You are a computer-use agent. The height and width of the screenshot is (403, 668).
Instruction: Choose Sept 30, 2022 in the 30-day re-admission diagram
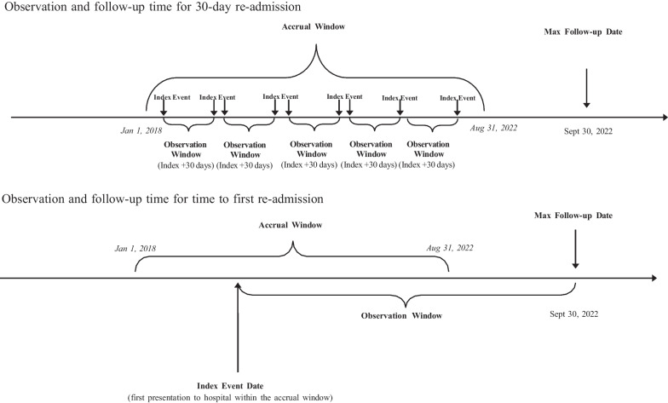point(588,132)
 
